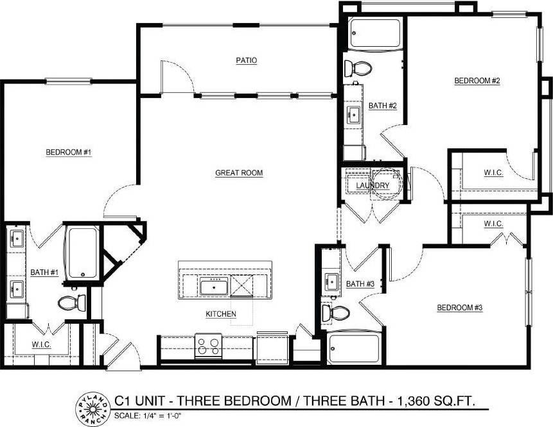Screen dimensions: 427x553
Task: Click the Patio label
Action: (246, 61)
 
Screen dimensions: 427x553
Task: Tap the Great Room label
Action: (239, 173)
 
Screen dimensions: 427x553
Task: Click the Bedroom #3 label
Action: (460, 308)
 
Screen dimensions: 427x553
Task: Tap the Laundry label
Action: (373, 186)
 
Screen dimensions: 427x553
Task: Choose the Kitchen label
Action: (221, 314)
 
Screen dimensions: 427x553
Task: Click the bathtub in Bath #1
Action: (82, 251)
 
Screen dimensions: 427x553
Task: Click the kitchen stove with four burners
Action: (209, 346)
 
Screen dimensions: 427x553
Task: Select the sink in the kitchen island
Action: (213, 286)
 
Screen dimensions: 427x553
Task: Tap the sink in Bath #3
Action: (332, 280)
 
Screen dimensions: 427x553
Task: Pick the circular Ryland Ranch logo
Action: (91, 405)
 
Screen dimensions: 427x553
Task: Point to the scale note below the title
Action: (146, 415)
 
